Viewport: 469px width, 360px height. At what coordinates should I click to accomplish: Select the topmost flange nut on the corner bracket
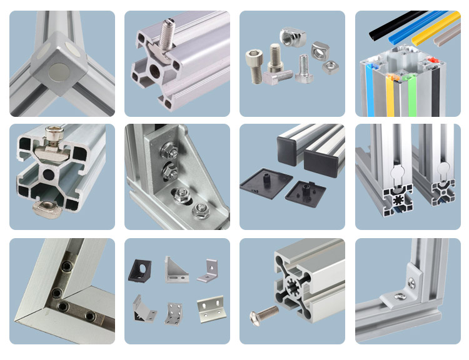pyautogui.click(x=168, y=150)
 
